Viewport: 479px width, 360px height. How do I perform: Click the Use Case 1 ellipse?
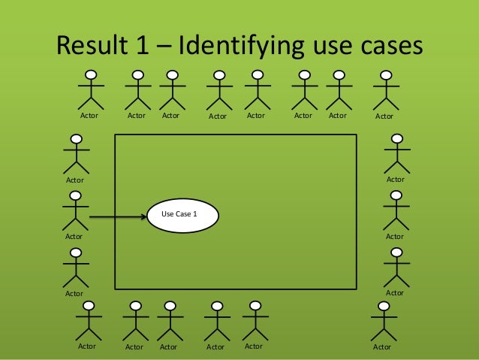coord(183,215)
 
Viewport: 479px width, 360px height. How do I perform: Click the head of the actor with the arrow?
coord(75,196)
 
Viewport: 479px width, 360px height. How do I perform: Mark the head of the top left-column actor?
coord(75,140)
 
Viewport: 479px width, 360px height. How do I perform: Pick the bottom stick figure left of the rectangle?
coord(75,268)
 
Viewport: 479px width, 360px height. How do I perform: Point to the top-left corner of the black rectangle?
coord(115,135)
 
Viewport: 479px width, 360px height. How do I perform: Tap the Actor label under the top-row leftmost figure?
coord(89,116)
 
